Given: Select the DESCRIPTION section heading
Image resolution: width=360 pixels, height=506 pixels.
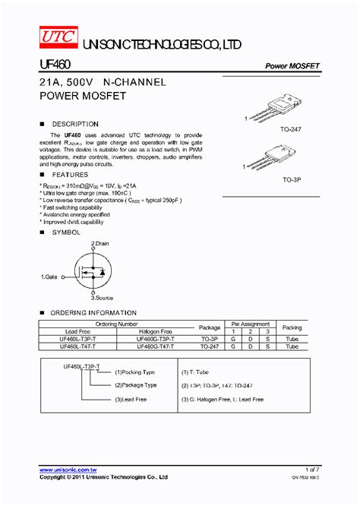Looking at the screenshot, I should pos(74,124).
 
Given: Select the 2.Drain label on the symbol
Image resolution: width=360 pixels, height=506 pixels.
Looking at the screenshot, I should pos(100,243).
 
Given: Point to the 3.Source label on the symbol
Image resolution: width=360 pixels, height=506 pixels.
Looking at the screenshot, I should pos(102,299).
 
